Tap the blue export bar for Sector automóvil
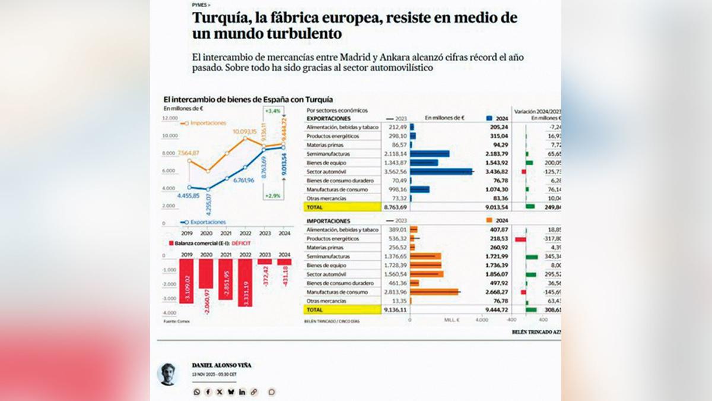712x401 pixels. tap(441, 172)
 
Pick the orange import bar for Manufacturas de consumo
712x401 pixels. tap(434, 292)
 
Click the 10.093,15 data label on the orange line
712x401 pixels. tap(244, 131)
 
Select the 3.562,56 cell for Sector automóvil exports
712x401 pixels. tap(394, 172)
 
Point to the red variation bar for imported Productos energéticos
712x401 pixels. tap(520, 239)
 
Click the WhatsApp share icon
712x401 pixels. tap(197, 391)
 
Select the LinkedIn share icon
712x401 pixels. tap(242, 391)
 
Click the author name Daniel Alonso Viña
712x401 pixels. tap(221, 365)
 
